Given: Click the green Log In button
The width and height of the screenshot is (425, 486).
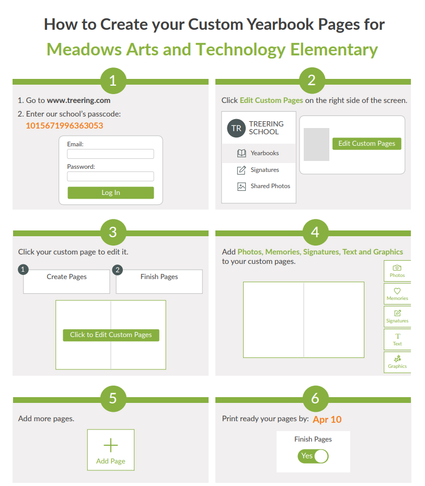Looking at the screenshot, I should coord(110,193).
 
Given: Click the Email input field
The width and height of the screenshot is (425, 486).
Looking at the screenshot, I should coord(110,154).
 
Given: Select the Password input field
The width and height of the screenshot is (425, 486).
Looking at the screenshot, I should coord(110,177).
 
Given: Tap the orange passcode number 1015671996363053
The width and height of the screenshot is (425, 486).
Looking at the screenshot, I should coord(64,125).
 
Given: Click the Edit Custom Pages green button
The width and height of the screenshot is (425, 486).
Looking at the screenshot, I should coord(366,144).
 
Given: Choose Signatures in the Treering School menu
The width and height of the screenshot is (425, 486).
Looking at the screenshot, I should coord(259,170).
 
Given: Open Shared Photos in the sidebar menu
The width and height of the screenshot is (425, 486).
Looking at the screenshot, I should coord(264,186).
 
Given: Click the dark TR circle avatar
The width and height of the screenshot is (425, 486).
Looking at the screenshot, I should coord(236,128).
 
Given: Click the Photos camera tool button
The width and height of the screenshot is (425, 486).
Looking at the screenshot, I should coord(397,271).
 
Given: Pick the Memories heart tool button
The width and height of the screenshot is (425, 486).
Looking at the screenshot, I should coord(397,294).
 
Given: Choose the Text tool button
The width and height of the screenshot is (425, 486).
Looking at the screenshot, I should coord(397,339).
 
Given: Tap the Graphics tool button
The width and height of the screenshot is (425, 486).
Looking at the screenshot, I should coord(397,362).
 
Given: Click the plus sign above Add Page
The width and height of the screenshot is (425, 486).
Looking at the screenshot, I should coord(111,445).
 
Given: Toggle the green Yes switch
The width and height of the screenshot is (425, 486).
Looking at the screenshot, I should coord(313,456).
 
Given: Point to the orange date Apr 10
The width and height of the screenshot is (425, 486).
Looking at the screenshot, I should coord(327,420).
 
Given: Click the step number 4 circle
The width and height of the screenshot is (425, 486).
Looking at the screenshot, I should coord(315,232).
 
